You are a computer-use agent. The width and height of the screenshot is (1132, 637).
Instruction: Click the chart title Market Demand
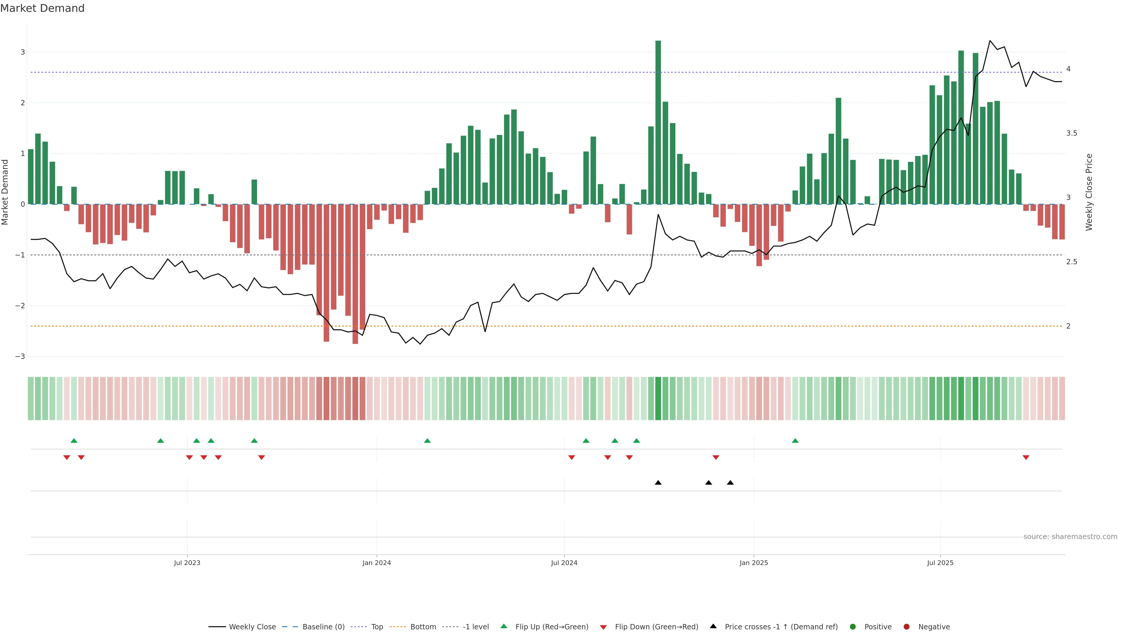(42, 8)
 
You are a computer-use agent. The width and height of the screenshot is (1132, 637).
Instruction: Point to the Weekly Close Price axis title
(1088, 192)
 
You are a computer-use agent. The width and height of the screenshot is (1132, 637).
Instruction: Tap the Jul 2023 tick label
(187, 563)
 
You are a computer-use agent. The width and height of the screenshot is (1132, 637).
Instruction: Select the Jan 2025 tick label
(754, 563)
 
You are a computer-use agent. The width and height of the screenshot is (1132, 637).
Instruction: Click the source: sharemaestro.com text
(1070, 537)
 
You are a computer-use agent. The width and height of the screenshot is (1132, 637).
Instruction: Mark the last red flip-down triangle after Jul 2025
(1026, 458)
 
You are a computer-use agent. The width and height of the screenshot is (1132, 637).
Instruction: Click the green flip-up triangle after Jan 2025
(795, 441)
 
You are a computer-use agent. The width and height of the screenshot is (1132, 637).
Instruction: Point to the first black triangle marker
(658, 483)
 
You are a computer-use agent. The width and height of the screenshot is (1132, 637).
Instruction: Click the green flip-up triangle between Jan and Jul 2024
(427, 441)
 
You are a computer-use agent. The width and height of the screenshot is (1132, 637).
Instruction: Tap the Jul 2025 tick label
(940, 563)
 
